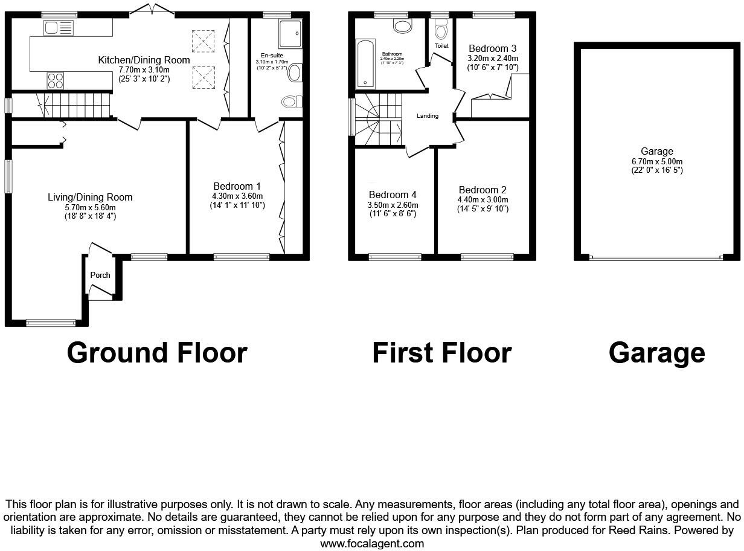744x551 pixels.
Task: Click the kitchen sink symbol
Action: tap(58, 28)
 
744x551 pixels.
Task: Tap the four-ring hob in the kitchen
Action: tap(56, 80)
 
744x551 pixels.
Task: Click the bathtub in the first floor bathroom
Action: tap(365, 64)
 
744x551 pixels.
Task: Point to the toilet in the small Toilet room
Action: tap(441, 30)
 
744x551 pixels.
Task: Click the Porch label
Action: tap(100, 275)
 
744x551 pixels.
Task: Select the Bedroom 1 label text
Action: tap(237, 186)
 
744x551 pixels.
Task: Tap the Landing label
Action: tap(428, 116)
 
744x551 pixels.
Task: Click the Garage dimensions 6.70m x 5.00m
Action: tap(657, 161)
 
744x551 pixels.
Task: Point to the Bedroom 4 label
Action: tap(393, 195)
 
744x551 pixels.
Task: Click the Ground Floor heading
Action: tap(157, 353)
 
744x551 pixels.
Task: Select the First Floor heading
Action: tap(441, 353)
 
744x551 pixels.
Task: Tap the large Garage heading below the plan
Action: tap(656, 353)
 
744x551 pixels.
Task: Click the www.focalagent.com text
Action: tap(372, 543)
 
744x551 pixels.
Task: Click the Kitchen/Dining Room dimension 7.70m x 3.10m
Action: tap(144, 69)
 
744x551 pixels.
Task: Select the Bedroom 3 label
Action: tap(492, 48)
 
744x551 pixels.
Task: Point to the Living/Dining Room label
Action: tap(90, 197)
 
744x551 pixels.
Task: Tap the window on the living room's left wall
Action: tap(8, 176)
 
